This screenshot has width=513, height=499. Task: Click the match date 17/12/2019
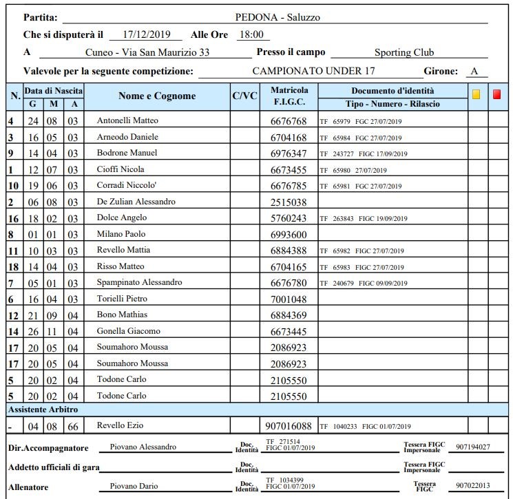(145, 34)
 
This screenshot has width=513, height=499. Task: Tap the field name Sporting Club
(404, 52)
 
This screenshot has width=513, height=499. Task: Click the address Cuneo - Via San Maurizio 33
(147, 52)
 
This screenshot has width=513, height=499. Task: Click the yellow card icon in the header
(476, 94)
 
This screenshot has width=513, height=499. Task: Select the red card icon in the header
(497, 94)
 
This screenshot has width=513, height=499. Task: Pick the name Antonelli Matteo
(127, 120)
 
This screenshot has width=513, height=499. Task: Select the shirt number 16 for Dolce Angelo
(12, 218)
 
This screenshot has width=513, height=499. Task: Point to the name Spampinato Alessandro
(139, 283)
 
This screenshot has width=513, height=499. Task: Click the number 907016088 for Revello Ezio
(289, 426)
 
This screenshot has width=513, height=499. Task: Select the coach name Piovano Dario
(135, 487)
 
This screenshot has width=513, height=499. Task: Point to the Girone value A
(474, 71)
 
